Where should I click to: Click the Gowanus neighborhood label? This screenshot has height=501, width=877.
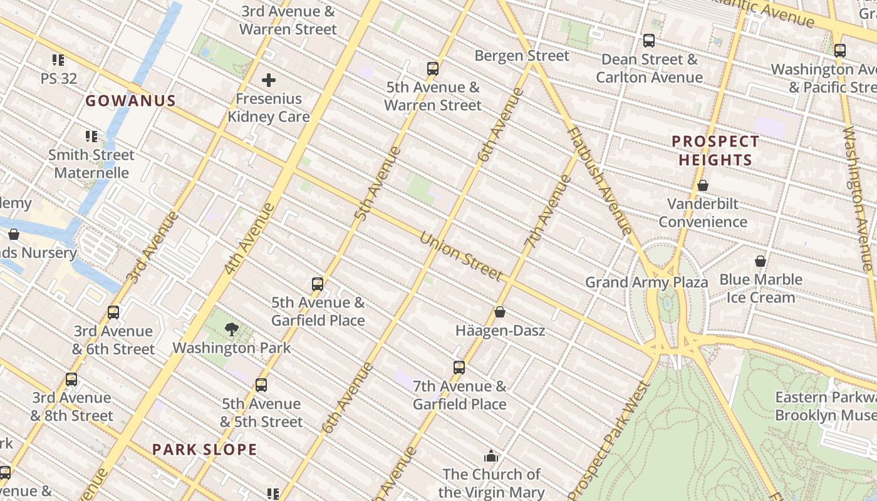click(x=130, y=101)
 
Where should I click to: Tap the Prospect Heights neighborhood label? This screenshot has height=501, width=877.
click(x=715, y=151)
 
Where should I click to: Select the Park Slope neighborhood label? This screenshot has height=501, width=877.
click(x=205, y=450)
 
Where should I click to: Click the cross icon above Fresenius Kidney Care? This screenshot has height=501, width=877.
click(x=269, y=80)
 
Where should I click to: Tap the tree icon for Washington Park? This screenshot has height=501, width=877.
click(x=232, y=329)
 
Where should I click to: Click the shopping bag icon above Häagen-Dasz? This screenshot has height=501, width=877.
click(x=500, y=311)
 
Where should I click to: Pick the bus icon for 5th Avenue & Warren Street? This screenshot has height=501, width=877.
click(x=433, y=68)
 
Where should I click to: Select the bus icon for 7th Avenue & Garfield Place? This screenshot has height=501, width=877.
click(x=459, y=368)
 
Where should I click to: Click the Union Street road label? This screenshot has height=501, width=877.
click(x=460, y=257)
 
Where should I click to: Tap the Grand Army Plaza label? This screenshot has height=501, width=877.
click(x=646, y=282)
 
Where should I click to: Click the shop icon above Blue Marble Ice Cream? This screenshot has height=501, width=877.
click(x=760, y=261)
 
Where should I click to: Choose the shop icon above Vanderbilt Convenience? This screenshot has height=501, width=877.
click(x=703, y=185)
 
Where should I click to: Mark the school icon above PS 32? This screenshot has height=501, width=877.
click(x=58, y=60)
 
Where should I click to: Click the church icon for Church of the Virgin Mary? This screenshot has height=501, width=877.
click(x=491, y=456)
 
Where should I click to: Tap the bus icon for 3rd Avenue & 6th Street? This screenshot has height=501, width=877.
click(x=113, y=312)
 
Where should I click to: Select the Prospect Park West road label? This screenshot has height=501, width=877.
click(x=610, y=438)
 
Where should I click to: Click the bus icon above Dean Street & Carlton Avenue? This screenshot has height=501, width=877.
click(x=649, y=41)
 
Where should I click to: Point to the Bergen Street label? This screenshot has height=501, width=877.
click(x=522, y=56)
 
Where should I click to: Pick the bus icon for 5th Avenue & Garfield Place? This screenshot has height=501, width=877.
click(x=318, y=284)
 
